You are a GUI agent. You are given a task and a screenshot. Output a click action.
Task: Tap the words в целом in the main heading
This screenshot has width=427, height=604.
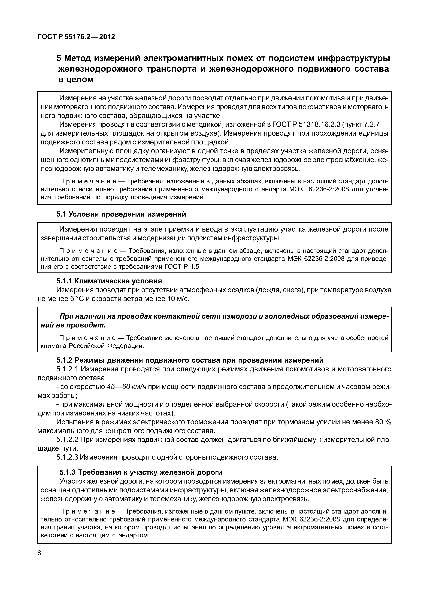[x=76, y=80]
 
